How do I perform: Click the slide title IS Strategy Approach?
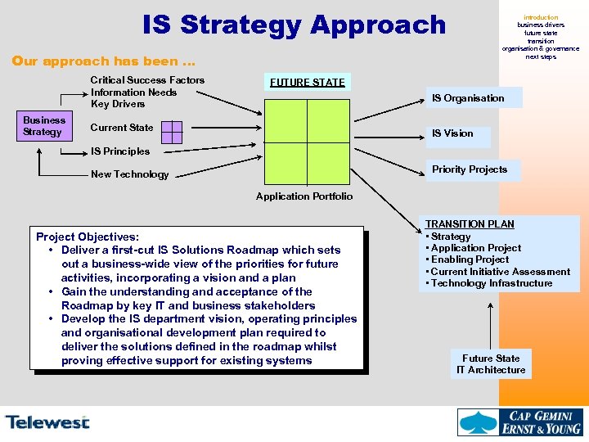(x=294, y=25)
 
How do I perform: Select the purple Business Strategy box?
(x=43, y=125)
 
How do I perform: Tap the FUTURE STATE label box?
(x=308, y=82)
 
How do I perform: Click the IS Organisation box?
(x=468, y=98)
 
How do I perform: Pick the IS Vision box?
(x=453, y=133)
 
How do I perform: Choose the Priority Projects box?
(x=470, y=169)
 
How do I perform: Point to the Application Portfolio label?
(x=304, y=196)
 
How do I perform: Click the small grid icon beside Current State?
(x=172, y=131)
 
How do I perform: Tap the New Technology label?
(x=129, y=174)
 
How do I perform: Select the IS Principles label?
(x=120, y=151)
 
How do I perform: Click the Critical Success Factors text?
(x=147, y=80)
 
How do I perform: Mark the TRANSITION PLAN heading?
(x=470, y=224)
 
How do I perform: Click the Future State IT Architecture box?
(x=491, y=364)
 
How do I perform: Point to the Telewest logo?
(x=47, y=422)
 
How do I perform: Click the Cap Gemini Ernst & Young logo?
(x=520, y=422)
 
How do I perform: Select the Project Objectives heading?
(x=88, y=237)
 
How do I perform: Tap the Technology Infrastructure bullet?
(x=492, y=283)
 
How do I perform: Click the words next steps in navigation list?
(x=541, y=56)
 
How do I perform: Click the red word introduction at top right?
(x=541, y=17)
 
